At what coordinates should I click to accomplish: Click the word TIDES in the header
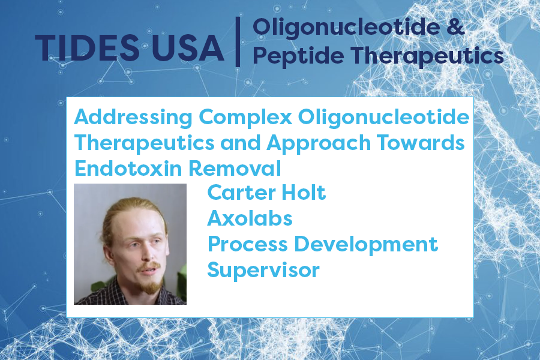point(87,48)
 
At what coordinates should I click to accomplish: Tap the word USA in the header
point(188,48)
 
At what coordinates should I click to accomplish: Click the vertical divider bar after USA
point(238,41)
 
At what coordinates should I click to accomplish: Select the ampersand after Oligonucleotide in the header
point(455,27)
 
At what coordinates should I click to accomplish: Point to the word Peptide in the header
point(298,56)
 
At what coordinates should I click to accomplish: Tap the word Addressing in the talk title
point(133,118)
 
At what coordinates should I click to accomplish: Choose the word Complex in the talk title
point(246,118)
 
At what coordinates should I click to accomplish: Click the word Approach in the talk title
point(319,143)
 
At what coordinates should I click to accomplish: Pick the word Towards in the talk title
point(421,143)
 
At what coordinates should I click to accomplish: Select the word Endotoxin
point(128,169)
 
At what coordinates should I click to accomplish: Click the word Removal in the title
point(235,169)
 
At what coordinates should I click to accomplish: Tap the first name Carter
point(242,193)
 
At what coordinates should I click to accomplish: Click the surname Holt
point(304,193)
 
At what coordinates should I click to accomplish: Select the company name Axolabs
point(250,218)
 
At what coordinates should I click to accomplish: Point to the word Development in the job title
point(366,245)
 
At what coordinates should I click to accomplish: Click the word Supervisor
point(263,271)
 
